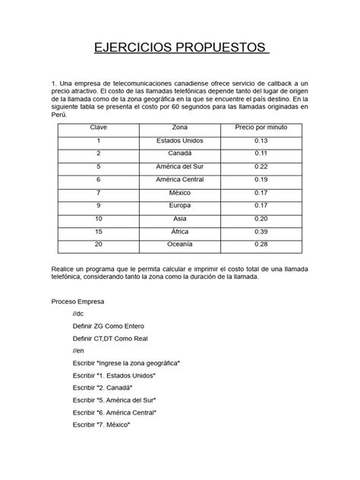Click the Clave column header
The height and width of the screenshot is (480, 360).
pyautogui.click(x=99, y=128)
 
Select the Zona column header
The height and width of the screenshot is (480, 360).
pyautogui.click(x=180, y=128)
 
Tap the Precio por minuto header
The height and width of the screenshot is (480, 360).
pyautogui.click(x=261, y=128)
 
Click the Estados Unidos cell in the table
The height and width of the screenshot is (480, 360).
pyautogui.click(x=180, y=141)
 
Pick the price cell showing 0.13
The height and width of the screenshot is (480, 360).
pyautogui.click(x=261, y=141)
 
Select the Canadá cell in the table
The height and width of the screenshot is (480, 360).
pyautogui.click(x=180, y=153)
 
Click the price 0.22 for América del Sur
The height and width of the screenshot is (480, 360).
pyautogui.click(x=261, y=166)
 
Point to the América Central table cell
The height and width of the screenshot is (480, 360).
pyautogui.click(x=180, y=179)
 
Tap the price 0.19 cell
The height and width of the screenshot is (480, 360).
pyautogui.click(x=261, y=179)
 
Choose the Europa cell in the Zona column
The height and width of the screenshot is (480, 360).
pyautogui.click(x=180, y=205)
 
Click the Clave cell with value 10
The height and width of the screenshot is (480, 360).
pyautogui.click(x=99, y=218)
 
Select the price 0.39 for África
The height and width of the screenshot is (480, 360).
pyautogui.click(x=261, y=231)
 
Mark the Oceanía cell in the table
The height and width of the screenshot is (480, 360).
pyautogui.click(x=180, y=244)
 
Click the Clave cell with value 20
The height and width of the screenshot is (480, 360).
pyautogui.click(x=99, y=244)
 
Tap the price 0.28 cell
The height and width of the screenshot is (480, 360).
pyautogui.click(x=261, y=244)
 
